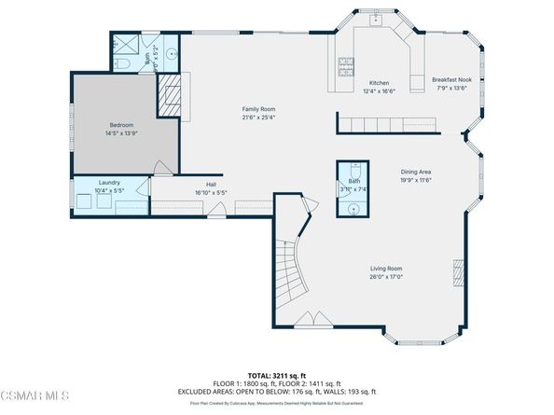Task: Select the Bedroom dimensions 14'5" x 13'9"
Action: pos(123,134)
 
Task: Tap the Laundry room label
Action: pos(109,183)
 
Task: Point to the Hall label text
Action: pos(212,185)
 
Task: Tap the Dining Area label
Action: pos(416,172)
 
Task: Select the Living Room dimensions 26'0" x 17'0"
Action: pos(384,276)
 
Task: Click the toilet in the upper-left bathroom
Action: pos(122,63)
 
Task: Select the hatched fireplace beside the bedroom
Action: pos(168,95)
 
